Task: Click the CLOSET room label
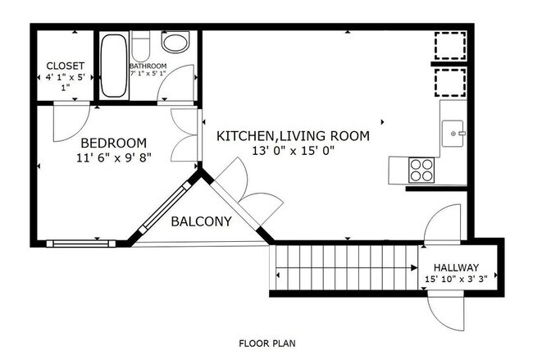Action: pos(66,66)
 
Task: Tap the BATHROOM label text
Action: pos(148,66)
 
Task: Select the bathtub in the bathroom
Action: pos(114,66)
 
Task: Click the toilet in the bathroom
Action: pos(140,46)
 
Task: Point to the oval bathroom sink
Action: pos(175,42)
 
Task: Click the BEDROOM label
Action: pos(114,144)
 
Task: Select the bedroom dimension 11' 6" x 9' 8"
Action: pos(114,157)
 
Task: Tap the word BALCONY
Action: pos(201,221)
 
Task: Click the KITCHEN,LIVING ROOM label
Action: pos(293,136)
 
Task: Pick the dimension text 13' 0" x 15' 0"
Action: pos(293,150)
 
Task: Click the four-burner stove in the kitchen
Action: pos(421,170)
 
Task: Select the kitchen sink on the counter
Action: pos(453,134)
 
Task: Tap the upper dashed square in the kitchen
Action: pos(450,46)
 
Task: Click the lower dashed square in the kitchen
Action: pos(450,83)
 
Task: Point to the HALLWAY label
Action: pos(456,267)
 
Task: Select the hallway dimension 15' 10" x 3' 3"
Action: pos(456,279)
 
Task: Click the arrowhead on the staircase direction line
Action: pos(414,267)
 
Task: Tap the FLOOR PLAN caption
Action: pos(267,344)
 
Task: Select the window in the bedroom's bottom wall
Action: pos(81,244)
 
